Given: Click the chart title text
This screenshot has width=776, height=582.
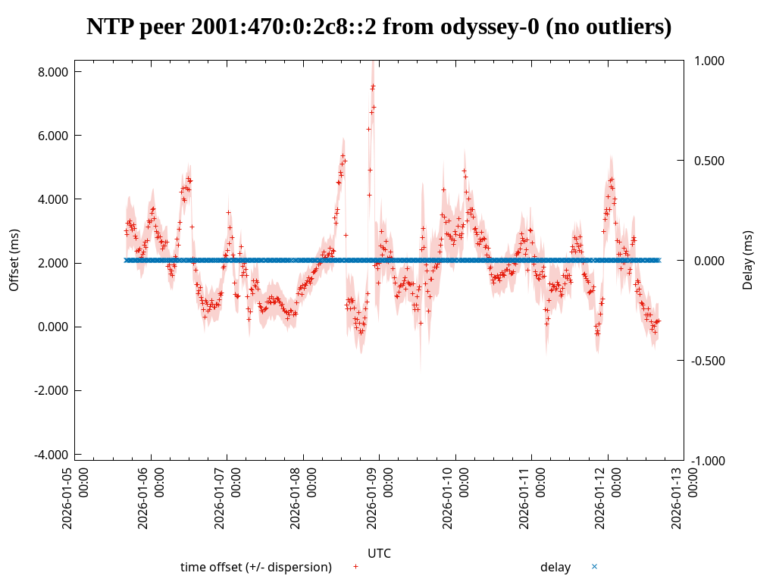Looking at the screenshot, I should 379,27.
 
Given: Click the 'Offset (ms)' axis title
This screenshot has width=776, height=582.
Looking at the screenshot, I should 14,260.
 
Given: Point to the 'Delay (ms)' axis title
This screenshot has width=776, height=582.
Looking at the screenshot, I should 748,260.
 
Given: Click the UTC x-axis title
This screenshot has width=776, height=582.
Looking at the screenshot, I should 379,553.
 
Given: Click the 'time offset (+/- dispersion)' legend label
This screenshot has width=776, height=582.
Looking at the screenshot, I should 256,567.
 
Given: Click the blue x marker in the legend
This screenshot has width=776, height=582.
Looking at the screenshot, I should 594,566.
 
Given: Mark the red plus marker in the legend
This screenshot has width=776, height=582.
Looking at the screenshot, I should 355,566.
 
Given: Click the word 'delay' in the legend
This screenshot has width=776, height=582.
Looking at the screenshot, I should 555,567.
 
